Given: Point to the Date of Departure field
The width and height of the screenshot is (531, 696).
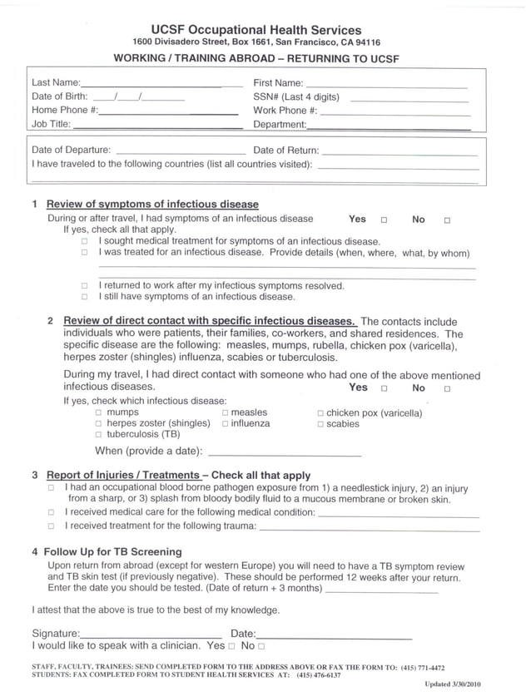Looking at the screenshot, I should [x=179, y=152].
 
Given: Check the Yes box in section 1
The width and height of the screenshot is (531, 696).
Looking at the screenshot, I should [x=384, y=220].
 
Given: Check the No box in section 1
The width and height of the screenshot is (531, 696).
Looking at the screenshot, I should [x=447, y=220].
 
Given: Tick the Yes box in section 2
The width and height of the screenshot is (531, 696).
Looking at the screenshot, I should [x=384, y=388].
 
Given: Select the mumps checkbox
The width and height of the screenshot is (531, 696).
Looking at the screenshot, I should [x=99, y=412].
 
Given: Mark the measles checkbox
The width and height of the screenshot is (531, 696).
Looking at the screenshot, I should [x=226, y=412].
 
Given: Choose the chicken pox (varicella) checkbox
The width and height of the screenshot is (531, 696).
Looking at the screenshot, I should [x=321, y=413].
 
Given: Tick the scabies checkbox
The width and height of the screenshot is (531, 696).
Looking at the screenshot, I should [x=321, y=424].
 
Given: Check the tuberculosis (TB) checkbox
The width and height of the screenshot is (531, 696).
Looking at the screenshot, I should [x=99, y=435].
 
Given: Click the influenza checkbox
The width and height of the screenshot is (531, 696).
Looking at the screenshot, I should [x=226, y=424].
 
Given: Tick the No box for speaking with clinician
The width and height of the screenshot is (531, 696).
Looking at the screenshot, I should [x=261, y=646].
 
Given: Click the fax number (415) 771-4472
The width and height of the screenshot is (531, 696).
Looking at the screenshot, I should [x=422, y=667].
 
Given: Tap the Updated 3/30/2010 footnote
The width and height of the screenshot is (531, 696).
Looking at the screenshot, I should [x=453, y=684].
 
